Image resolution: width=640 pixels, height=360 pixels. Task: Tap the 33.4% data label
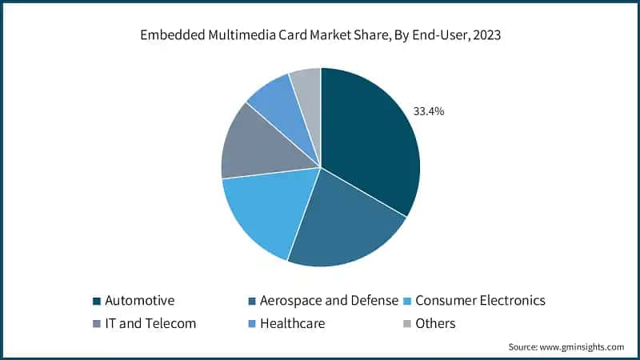[428, 111]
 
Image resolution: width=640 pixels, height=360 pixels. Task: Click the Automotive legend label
[140, 301]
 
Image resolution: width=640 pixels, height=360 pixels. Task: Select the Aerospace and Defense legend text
[331, 301]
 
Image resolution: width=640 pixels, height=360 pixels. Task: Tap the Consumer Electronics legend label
[481, 301]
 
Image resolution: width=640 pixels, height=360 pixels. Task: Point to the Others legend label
[436, 324]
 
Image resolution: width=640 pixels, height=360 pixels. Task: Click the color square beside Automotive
[97, 302]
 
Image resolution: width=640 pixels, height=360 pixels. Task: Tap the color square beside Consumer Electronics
[406, 302]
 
